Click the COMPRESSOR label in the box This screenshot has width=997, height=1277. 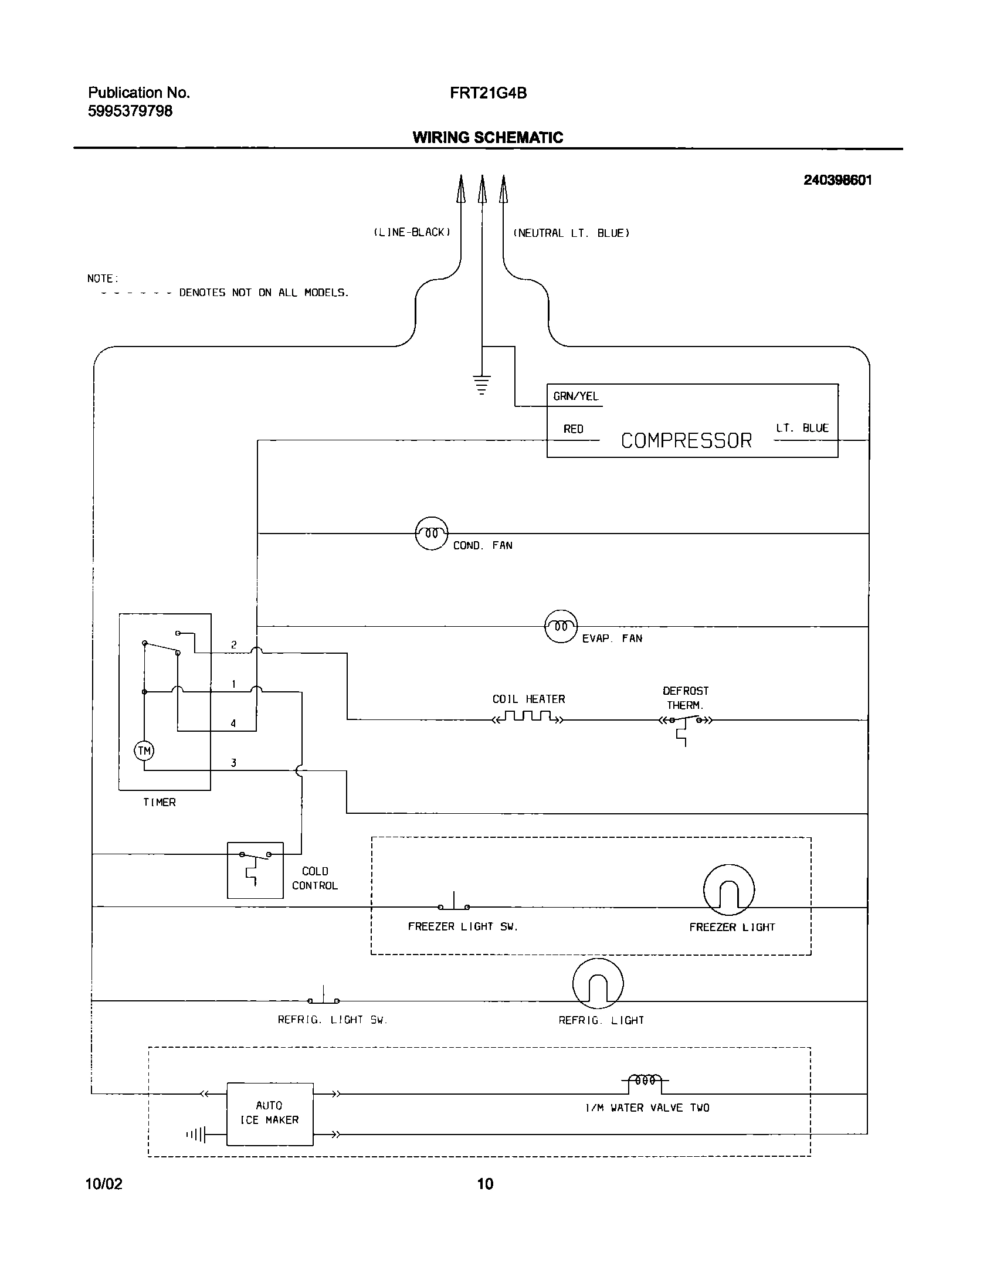[686, 440]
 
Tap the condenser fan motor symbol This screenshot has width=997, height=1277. [432, 534]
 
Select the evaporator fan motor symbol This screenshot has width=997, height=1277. [561, 626]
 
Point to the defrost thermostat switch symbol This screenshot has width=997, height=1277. [685, 721]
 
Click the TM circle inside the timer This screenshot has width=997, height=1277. [144, 751]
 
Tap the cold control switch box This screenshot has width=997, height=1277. [255, 870]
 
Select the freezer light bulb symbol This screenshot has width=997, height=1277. [729, 889]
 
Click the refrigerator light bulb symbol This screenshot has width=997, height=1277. [598, 983]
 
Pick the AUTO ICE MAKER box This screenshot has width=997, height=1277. [270, 1113]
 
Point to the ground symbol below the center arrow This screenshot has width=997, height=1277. [481, 385]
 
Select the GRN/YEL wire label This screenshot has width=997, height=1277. [576, 396]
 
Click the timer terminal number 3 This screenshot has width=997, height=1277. [233, 763]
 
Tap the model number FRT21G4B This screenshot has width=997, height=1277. [488, 93]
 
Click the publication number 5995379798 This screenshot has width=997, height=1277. [130, 111]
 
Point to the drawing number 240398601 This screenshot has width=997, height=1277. [837, 181]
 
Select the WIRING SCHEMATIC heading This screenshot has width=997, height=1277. [488, 137]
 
